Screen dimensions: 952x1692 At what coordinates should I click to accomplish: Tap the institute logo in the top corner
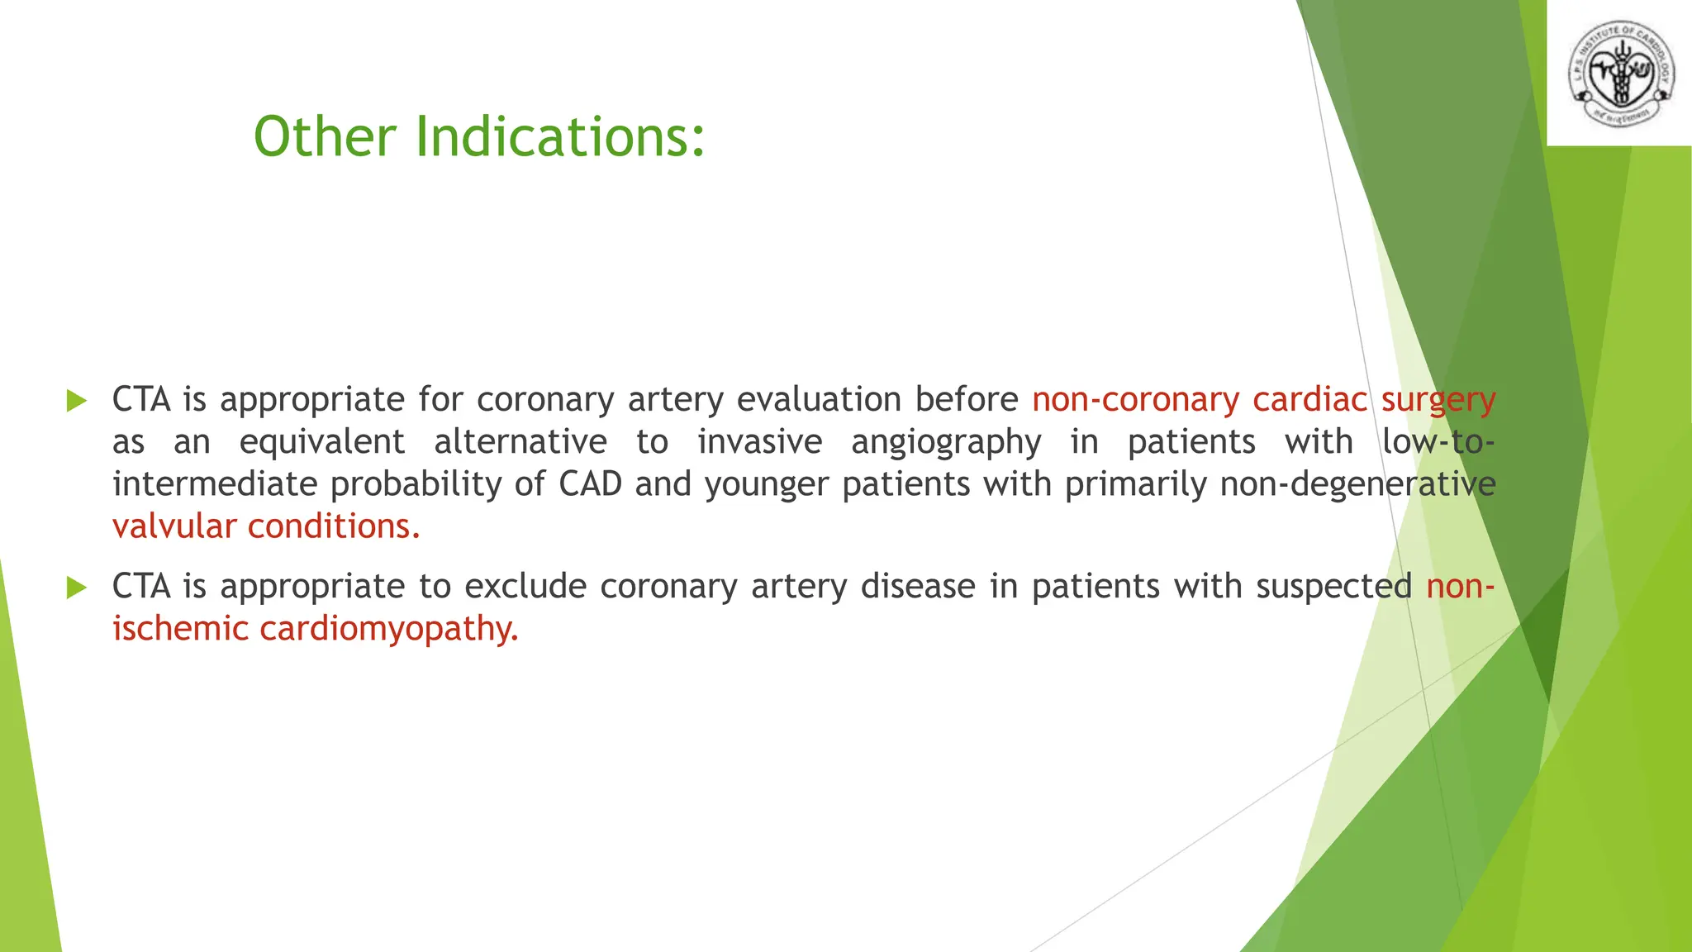point(1620,74)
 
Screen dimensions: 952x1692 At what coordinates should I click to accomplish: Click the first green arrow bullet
point(76,402)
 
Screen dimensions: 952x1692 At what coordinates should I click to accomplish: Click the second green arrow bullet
point(76,588)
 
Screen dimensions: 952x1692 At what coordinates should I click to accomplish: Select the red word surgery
point(1438,401)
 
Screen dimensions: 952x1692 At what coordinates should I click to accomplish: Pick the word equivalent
point(321,442)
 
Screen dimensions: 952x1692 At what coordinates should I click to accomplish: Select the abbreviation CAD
point(590,484)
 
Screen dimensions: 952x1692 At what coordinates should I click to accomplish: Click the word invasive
point(759,442)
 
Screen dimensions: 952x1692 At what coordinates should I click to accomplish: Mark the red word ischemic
point(180,629)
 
